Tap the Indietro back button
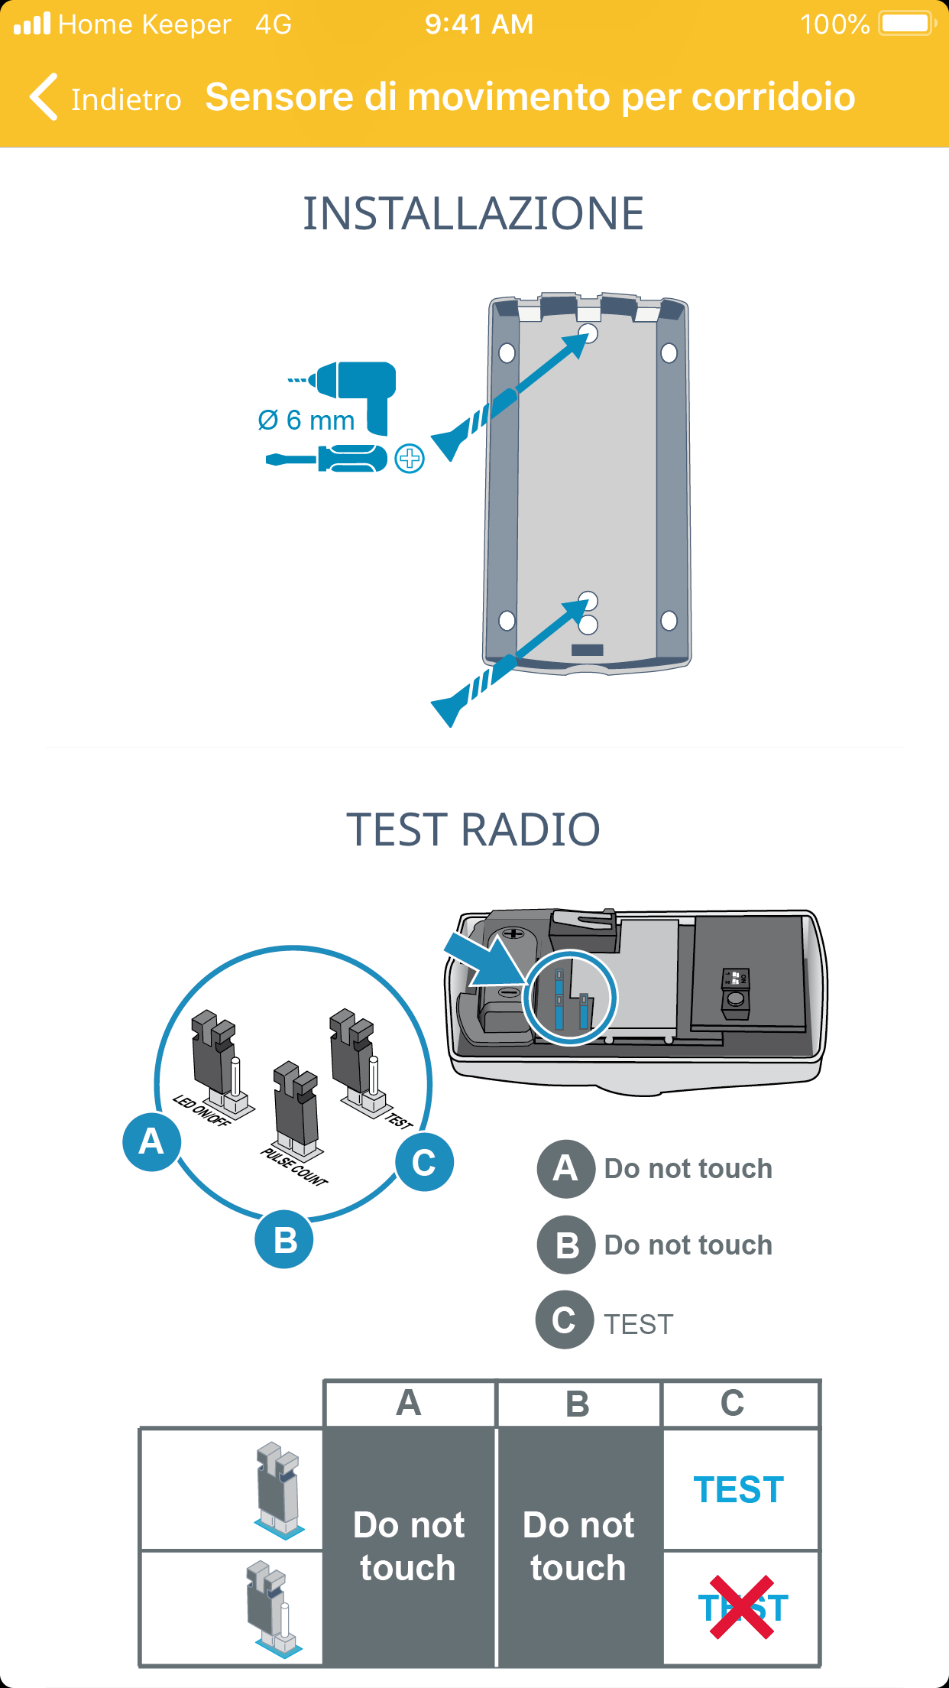105,98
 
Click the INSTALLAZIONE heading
474,213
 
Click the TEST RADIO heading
474,829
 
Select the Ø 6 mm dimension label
306,420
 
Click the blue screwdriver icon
327,459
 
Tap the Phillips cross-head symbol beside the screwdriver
410,459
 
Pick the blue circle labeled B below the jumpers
284,1239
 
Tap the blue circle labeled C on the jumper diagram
424,1163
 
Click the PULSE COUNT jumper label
294,1167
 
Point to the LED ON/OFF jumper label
201,1111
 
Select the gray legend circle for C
564,1320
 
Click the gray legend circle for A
565,1168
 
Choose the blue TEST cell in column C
739,1489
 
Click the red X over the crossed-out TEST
742,1608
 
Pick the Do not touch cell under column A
409,1546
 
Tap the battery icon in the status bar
906,24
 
